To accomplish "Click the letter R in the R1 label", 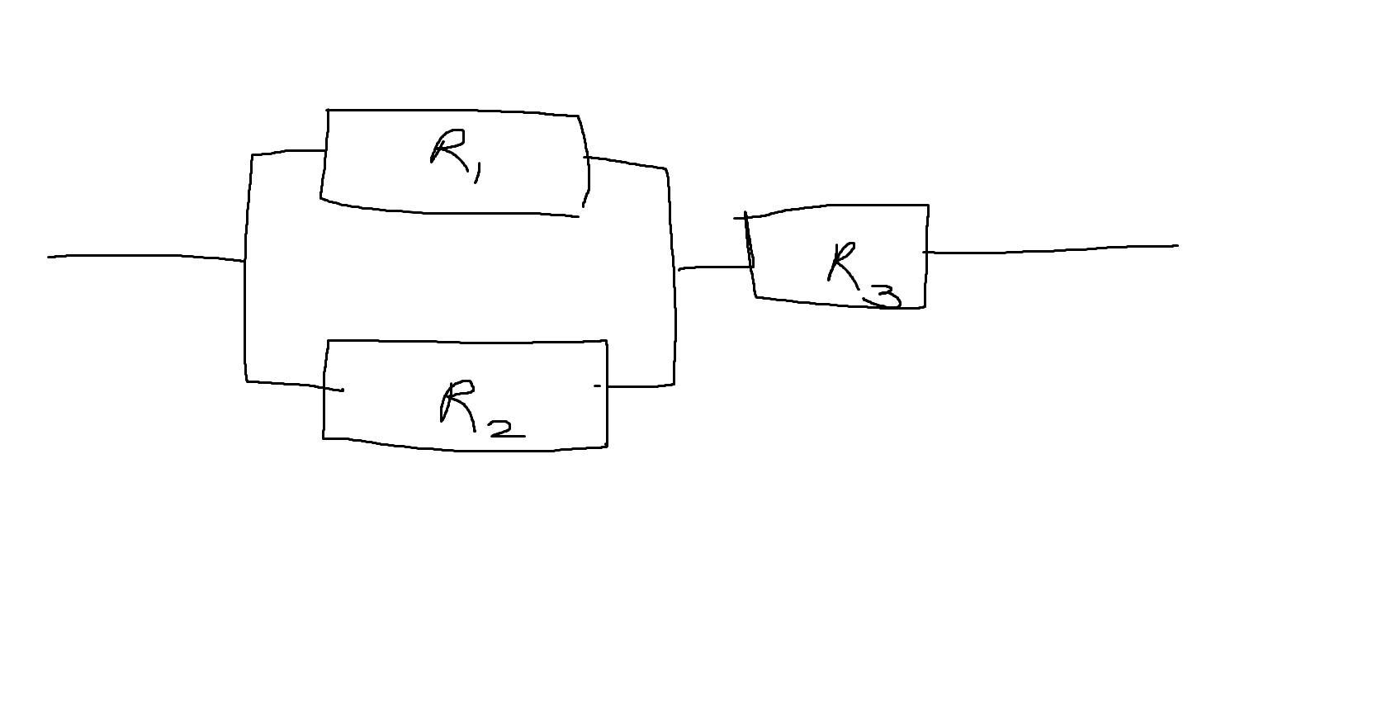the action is (x=447, y=149).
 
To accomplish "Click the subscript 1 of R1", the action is (x=477, y=174).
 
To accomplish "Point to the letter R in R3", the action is (x=844, y=265).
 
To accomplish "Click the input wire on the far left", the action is (x=146, y=256).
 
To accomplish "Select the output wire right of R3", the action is (x=1051, y=249).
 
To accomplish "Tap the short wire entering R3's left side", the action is (x=716, y=267).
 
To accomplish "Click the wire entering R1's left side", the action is (x=288, y=151).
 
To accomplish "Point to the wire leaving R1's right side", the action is (x=625, y=163).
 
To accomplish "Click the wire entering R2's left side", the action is (x=295, y=386).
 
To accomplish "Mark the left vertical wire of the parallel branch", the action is (x=246, y=267).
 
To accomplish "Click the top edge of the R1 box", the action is (x=452, y=111).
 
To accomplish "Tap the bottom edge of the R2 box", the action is (x=465, y=450).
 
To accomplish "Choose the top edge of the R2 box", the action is (x=467, y=341).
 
